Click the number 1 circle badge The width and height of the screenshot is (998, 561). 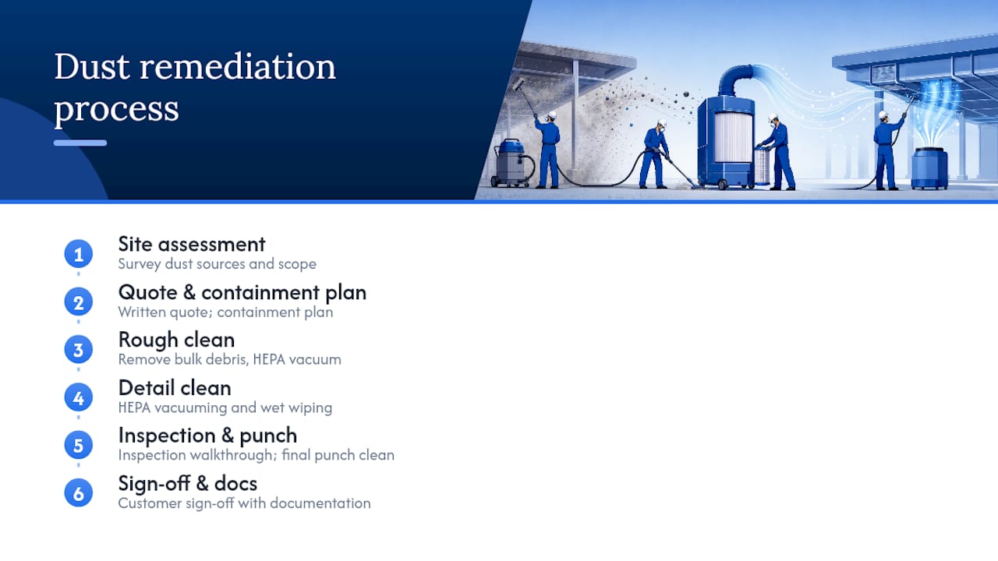pos(79,254)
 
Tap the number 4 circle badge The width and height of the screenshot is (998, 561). pos(79,397)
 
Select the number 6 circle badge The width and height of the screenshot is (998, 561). pos(79,493)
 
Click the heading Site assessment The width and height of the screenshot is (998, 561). pos(192,245)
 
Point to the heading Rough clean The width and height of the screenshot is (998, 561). pos(176,340)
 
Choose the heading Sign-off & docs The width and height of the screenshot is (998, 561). pos(188,484)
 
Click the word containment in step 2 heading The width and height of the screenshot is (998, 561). pos(260,293)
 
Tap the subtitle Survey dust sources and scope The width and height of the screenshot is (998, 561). pos(217,264)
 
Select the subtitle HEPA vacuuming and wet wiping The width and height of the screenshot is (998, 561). pos(225,408)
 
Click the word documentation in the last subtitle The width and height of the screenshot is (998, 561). pos(320,503)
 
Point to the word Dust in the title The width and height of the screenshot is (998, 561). pos(92,67)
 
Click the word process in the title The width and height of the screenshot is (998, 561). pos(116,109)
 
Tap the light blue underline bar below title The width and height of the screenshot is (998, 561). pos(80,143)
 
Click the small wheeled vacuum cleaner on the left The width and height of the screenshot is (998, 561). pos(512,163)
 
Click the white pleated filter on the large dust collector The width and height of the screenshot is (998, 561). pos(734,136)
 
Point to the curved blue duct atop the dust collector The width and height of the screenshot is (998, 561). pos(736,79)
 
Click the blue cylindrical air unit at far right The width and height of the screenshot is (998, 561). pos(929,168)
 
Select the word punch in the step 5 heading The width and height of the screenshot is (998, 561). pos(268,436)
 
